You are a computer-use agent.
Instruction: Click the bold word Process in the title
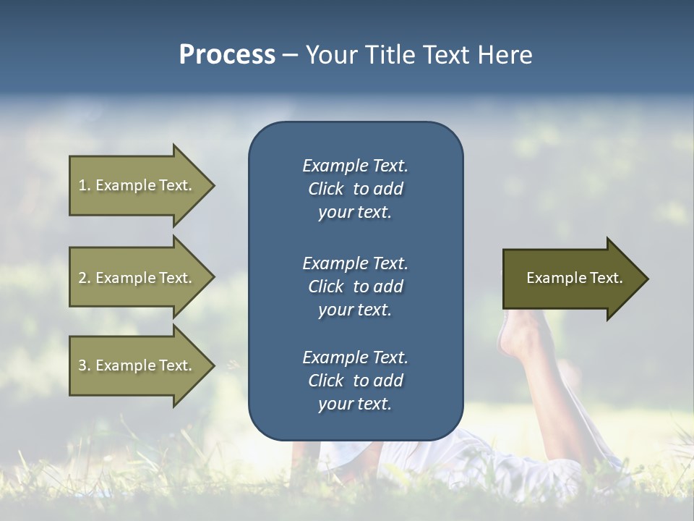(x=227, y=55)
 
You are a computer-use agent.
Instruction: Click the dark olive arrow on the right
(x=575, y=278)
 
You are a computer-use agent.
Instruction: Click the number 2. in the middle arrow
(x=85, y=278)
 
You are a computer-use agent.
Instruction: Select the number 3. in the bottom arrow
(x=85, y=365)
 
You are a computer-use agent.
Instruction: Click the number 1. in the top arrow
(x=85, y=185)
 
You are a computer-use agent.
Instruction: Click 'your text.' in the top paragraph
(x=355, y=213)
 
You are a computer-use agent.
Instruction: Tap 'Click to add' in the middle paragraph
(x=355, y=287)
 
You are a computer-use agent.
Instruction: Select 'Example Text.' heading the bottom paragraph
(x=355, y=357)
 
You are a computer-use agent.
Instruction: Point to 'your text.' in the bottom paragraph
(x=355, y=404)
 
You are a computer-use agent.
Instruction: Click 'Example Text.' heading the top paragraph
(x=355, y=166)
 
